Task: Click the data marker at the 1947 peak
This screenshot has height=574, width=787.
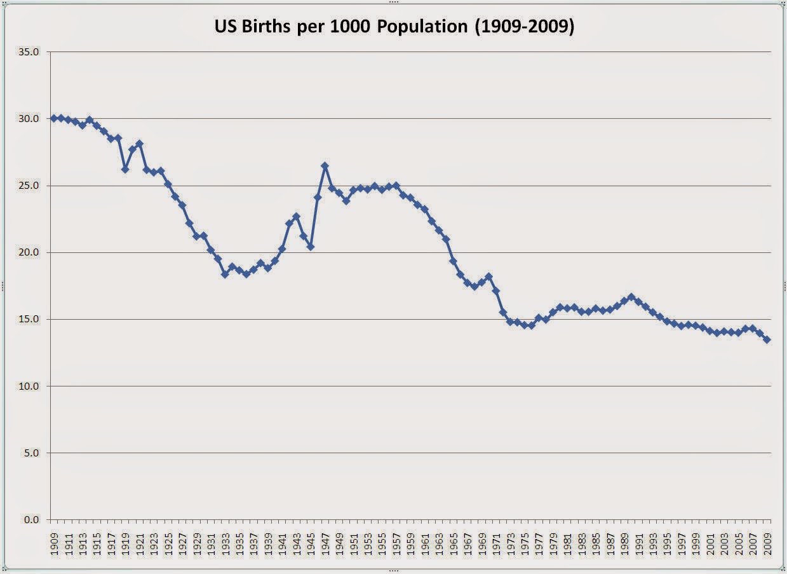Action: click(x=325, y=166)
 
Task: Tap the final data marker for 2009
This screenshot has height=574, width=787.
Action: click(x=767, y=340)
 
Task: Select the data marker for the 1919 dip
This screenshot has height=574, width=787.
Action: click(x=125, y=170)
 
